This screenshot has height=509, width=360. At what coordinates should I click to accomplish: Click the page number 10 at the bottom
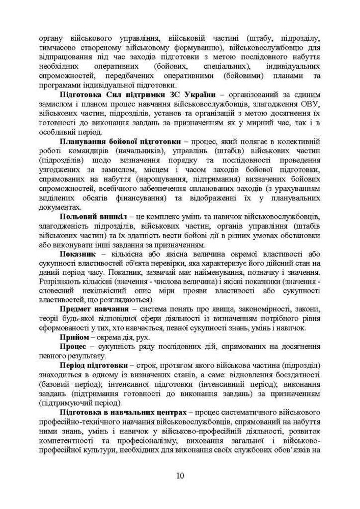point(180,476)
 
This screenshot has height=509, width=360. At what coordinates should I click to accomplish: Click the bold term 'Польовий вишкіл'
point(91,217)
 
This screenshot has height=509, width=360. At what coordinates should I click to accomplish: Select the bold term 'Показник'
point(76,253)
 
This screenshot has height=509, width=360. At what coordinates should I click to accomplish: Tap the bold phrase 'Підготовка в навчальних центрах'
point(122,411)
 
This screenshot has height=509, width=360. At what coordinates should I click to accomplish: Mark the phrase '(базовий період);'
point(70,384)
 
